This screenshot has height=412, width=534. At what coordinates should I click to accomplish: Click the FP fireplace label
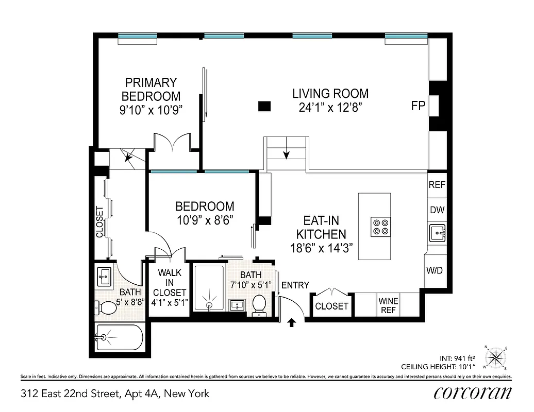(x=418, y=106)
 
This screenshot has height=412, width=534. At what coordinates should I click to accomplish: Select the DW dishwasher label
(x=437, y=210)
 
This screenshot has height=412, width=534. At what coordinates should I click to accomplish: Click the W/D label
(x=435, y=270)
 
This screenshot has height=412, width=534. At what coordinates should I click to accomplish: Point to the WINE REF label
(x=388, y=305)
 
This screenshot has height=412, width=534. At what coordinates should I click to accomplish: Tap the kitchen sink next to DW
(x=437, y=233)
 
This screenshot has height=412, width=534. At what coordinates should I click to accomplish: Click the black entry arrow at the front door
(x=291, y=322)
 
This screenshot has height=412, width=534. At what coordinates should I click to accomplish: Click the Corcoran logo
(x=473, y=392)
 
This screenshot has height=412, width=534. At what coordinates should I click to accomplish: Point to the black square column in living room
(x=264, y=106)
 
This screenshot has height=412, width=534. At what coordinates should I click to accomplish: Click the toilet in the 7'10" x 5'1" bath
(x=259, y=304)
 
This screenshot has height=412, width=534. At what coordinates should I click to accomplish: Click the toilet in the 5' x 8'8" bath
(x=107, y=308)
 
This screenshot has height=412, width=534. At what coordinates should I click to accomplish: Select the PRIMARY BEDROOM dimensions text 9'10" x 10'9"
(x=151, y=110)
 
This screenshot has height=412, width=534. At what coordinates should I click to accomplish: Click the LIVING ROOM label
(x=330, y=94)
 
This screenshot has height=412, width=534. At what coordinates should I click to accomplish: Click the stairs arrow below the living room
(x=286, y=153)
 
